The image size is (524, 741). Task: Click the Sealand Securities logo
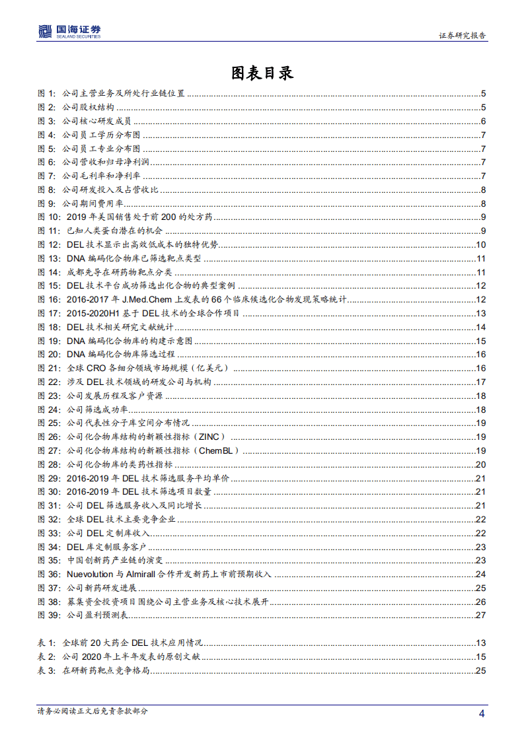(69, 30)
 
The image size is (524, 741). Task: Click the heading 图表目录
(262, 73)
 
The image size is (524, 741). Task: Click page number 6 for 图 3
(484, 121)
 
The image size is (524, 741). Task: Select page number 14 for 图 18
(481, 327)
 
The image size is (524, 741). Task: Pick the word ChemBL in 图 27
(219, 450)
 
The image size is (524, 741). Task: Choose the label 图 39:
(49, 615)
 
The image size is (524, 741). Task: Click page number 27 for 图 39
(481, 615)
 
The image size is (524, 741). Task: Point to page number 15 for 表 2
(481, 656)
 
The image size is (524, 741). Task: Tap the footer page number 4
(482, 713)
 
